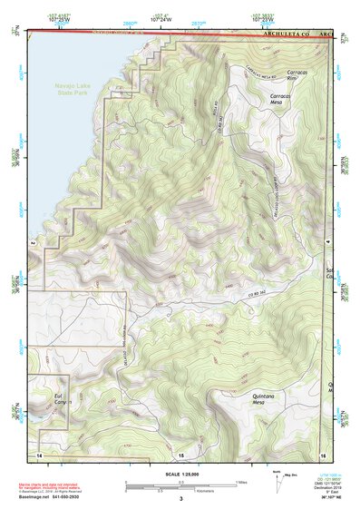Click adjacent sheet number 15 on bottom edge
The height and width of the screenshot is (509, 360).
pos(180,453)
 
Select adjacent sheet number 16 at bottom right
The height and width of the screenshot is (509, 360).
pos(322,452)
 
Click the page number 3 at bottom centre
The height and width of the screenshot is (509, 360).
pos(180,498)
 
